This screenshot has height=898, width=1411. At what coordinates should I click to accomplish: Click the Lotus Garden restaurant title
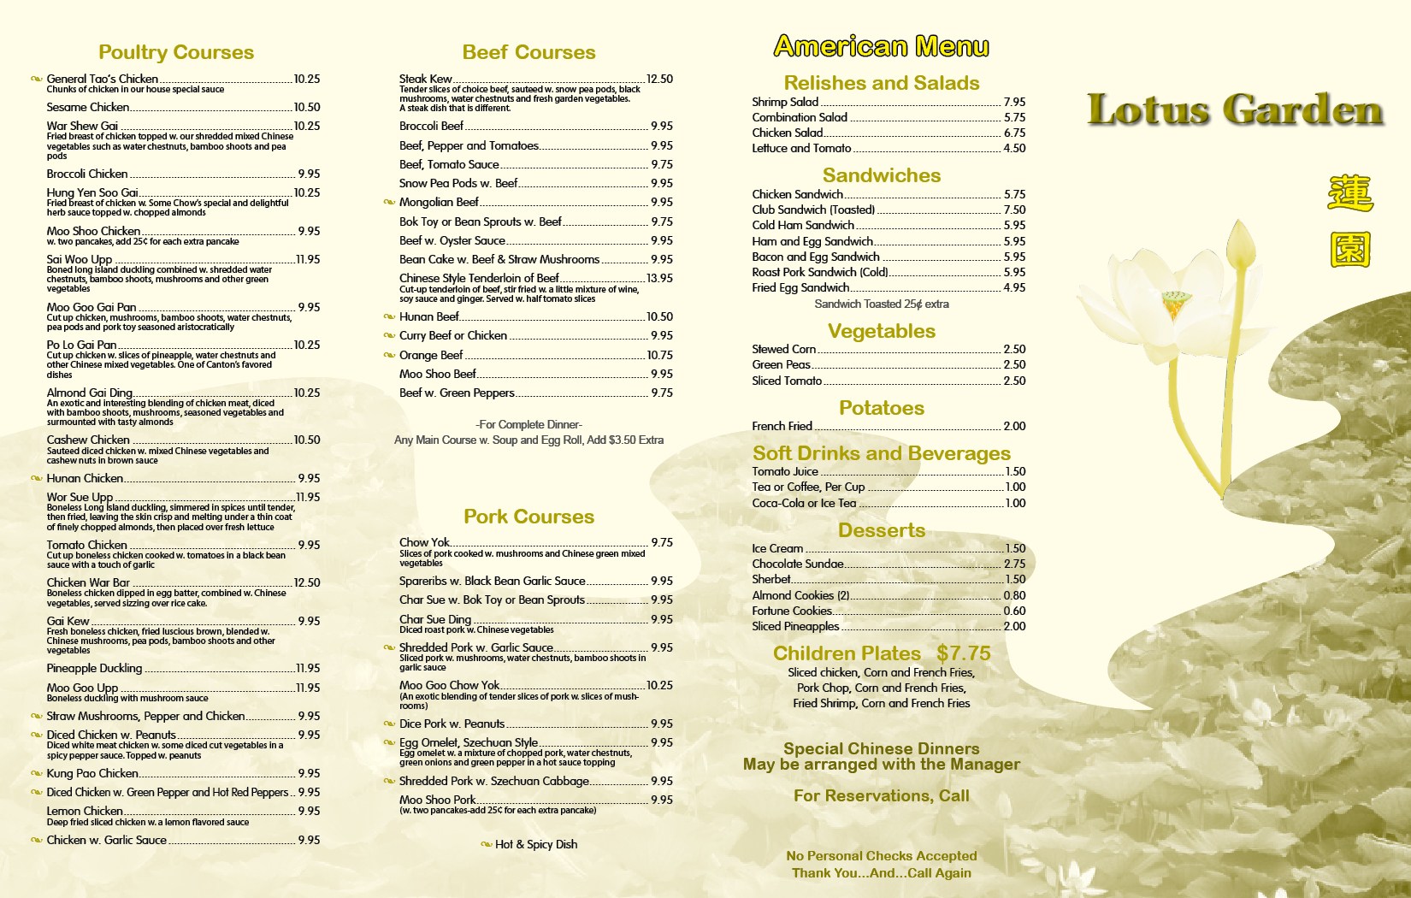1235,110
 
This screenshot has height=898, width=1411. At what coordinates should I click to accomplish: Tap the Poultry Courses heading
176,52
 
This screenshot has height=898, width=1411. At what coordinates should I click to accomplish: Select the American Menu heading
881,46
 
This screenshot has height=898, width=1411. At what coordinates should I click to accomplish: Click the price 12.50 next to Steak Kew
659,79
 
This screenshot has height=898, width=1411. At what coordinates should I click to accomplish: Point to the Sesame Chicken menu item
88,107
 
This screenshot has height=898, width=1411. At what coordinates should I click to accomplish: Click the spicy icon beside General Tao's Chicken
37,80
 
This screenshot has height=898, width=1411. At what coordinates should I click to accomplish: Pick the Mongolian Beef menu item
439,202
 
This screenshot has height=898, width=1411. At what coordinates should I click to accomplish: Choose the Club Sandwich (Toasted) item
813,210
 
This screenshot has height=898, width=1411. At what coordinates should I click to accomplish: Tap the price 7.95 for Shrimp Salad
1014,102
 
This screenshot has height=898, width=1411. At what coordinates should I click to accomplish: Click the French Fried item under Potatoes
782,426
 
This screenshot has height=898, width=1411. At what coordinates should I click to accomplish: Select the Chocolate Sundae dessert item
797,564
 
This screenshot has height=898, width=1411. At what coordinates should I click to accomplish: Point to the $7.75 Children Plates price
963,653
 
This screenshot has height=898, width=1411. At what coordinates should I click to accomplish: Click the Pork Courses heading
528,517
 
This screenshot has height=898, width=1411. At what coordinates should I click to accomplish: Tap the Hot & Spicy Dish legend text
536,844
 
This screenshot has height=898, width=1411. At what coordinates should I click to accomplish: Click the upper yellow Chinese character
1350,193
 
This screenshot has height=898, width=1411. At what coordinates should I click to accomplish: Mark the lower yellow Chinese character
1350,250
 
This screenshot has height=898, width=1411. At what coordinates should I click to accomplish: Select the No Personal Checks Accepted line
881,855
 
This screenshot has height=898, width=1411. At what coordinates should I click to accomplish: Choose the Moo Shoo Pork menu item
437,800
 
